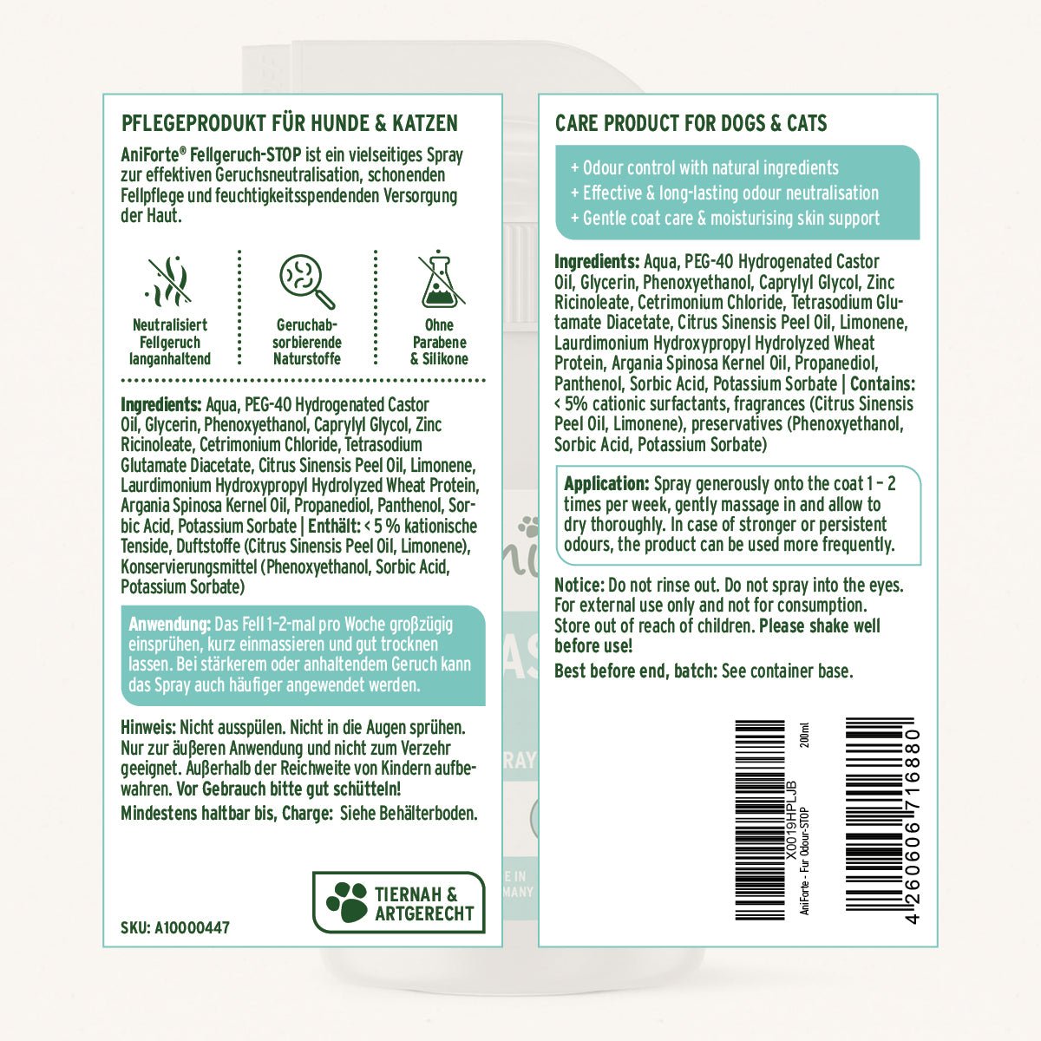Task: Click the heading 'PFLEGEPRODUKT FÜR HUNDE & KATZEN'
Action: coord(289,123)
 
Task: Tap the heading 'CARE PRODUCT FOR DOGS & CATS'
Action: coord(691,123)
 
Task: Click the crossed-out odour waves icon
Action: coord(170,282)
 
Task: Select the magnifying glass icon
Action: coord(307,282)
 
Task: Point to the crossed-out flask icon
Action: coord(441,280)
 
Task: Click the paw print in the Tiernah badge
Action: coord(347,903)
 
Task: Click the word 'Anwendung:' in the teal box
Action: coord(169,625)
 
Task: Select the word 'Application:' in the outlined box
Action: coord(606,484)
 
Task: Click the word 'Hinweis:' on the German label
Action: coord(148,728)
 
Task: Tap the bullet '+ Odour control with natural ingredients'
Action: coord(704,168)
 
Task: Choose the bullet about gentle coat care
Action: coord(725,219)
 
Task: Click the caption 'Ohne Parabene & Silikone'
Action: coord(439,342)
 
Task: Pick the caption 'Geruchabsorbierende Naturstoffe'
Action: coord(307,342)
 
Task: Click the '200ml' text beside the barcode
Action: coord(805,736)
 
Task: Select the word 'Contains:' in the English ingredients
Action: coord(883,384)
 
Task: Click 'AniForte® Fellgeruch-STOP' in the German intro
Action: coord(211,155)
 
